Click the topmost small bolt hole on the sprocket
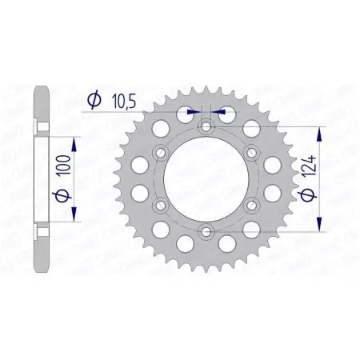pyautogui.click(x=206, y=126)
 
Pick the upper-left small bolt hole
pyautogui.click(x=161, y=152)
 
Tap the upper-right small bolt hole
pyautogui.click(x=252, y=152)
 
